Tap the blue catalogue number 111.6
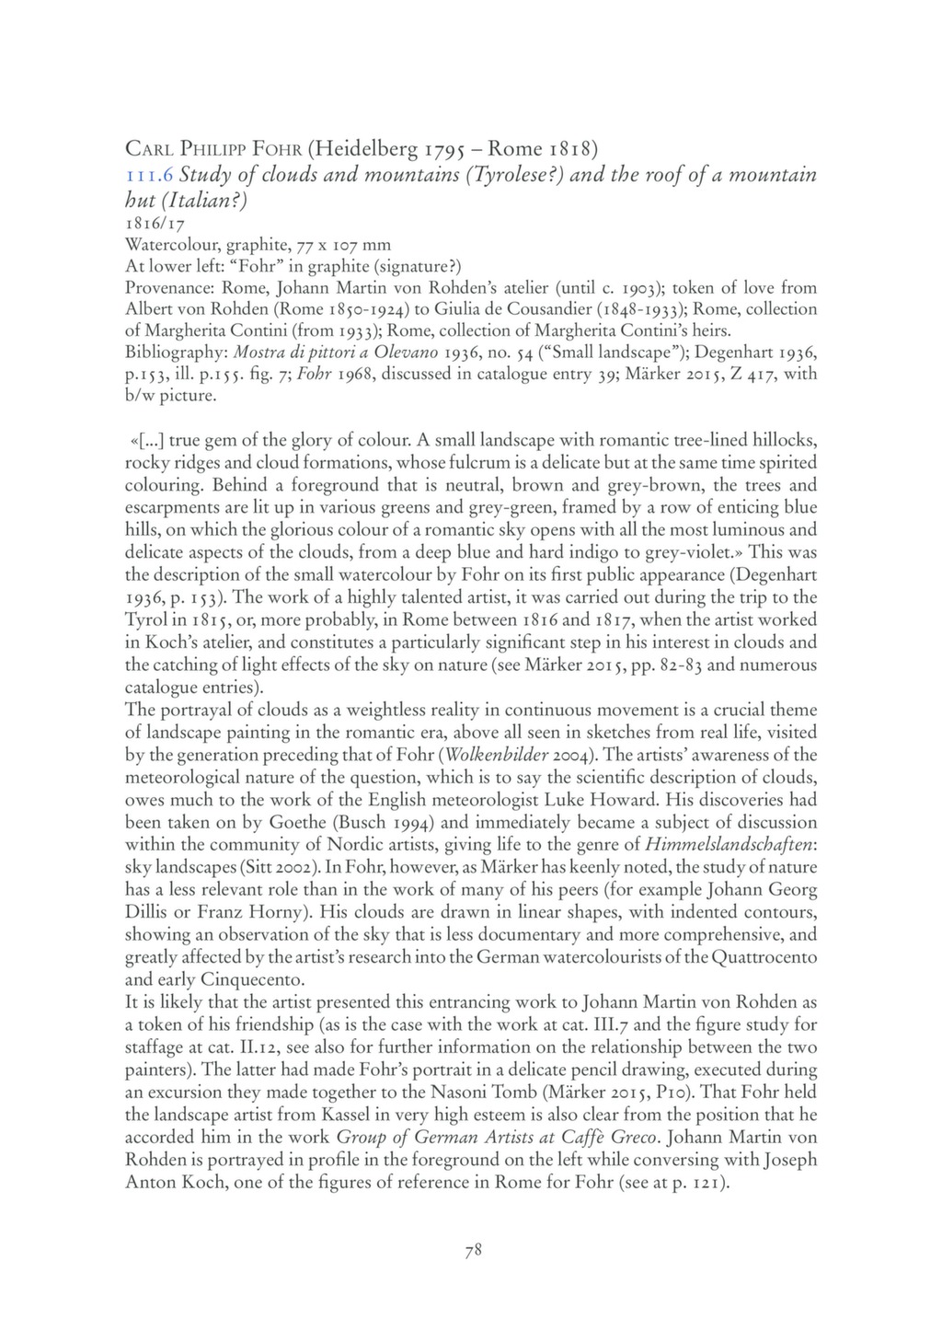148,175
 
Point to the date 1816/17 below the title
150,224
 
